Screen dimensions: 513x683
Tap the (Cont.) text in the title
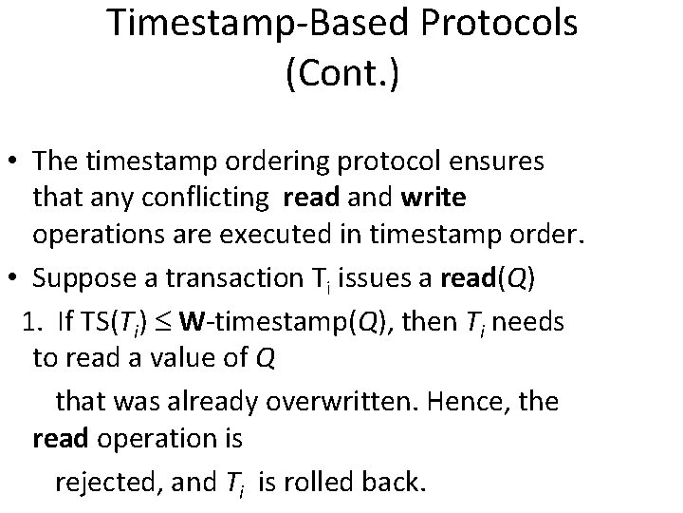click(x=341, y=74)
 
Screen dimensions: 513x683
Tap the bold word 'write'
click(x=434, y=199)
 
